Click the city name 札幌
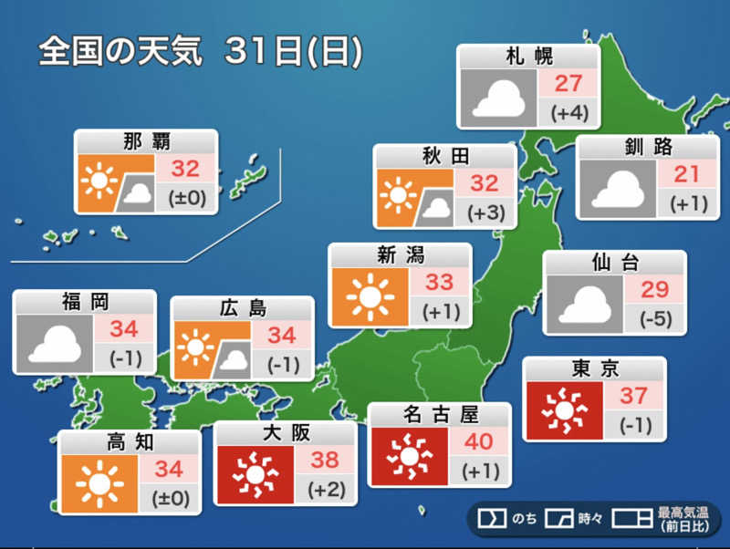[529, 57]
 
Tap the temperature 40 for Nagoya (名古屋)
[478, 442]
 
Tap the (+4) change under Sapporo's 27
[568, 115]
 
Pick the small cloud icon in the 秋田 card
[436, 209]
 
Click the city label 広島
[242, 308]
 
